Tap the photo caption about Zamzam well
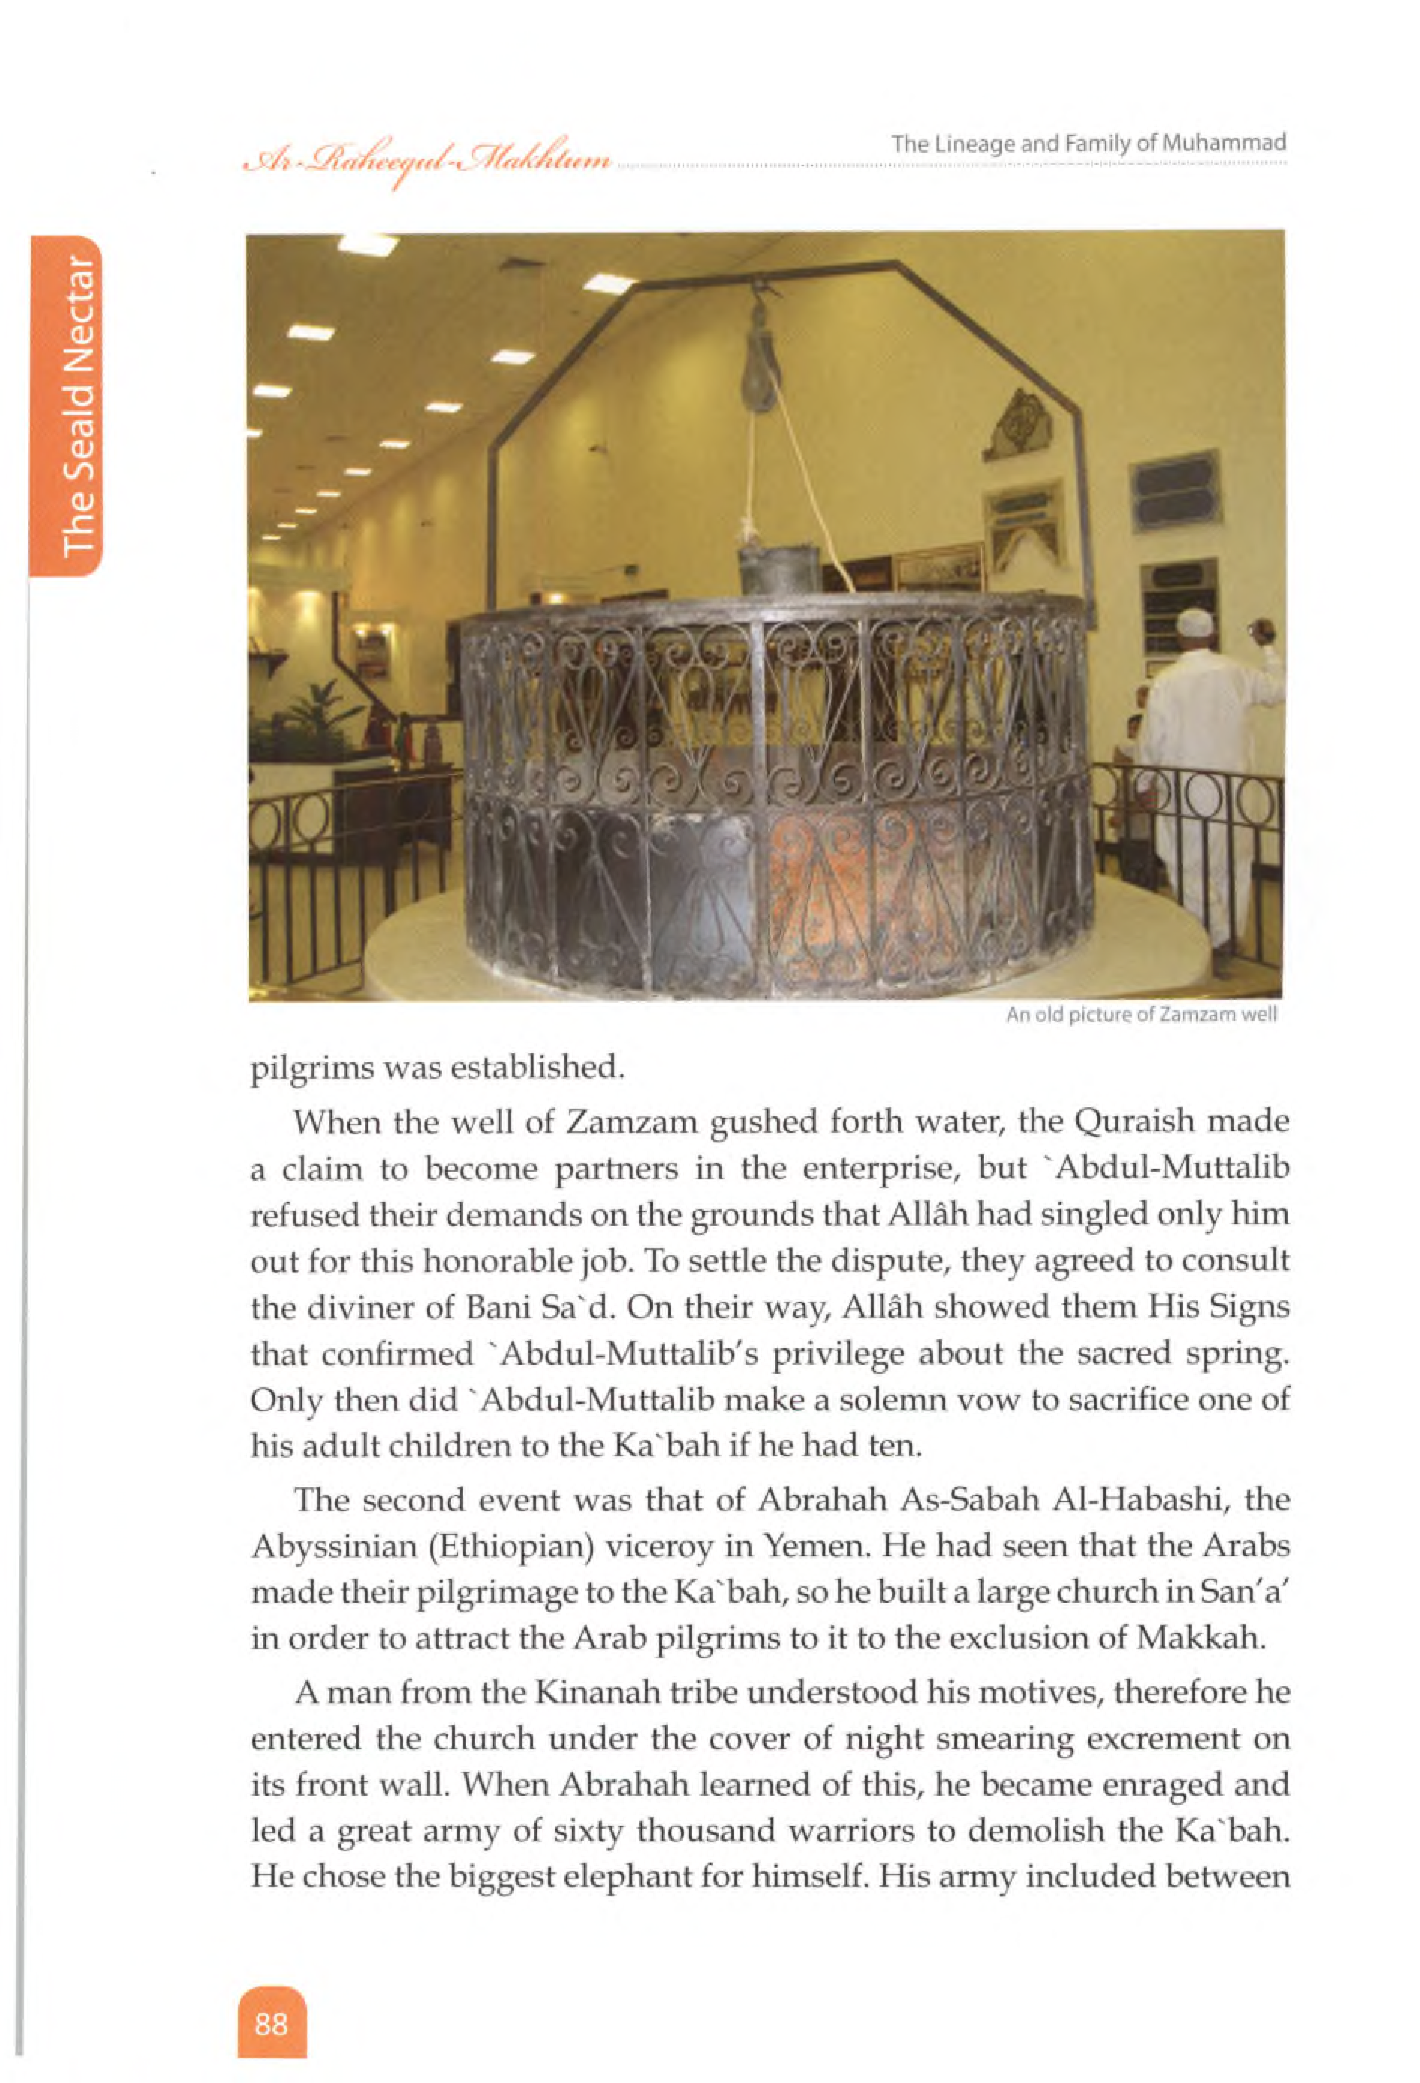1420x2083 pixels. click(1140, 1015)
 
